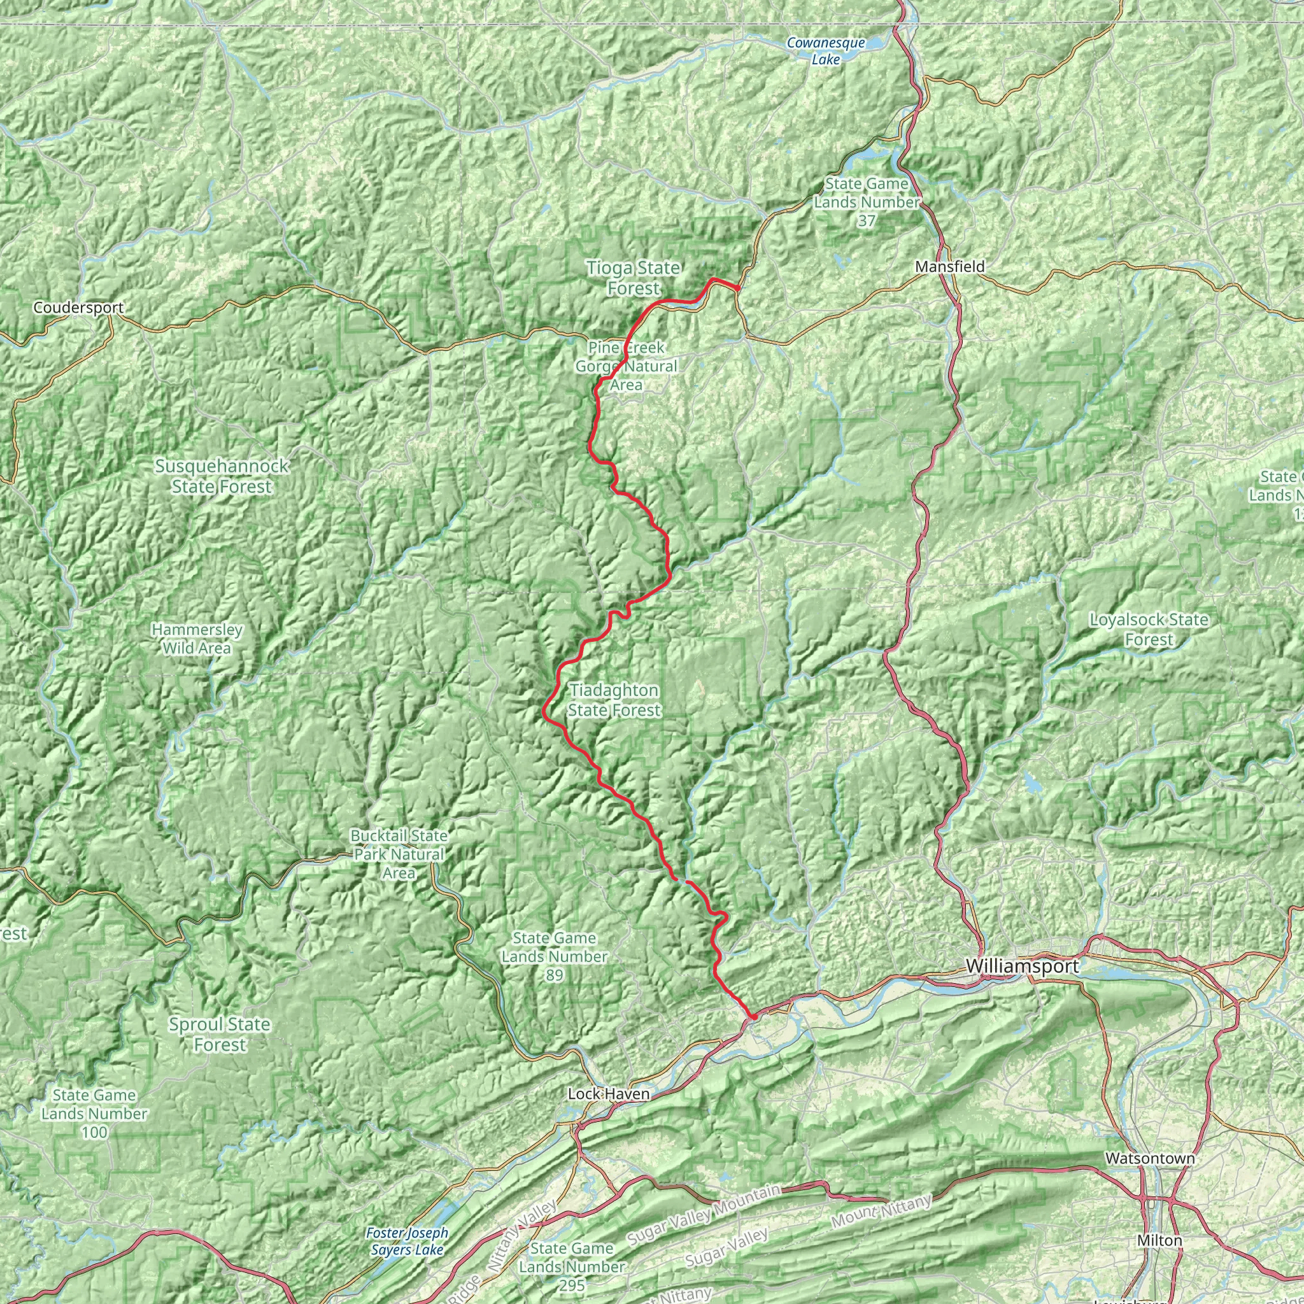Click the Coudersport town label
click(78, 308)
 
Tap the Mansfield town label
click(949, 267)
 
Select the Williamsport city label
click(1023, 966)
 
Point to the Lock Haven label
click(608, 1093)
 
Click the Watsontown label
click(1149, 1158)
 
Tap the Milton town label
click(1159, 1240)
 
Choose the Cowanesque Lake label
click(825, 52)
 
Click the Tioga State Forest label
click(633, 278)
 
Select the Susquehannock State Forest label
click(222, 476)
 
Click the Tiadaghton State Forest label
click(614, 700)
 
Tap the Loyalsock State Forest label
click(1149, 629)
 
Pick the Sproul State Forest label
click(220, 1034)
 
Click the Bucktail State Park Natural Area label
click(398, 854)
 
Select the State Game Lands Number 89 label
click(554, 956)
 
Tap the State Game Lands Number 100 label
click(94, 1114)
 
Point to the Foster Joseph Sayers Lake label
click(407, 1241)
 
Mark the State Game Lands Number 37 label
click(866, 202)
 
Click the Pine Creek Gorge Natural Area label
click(626, 367)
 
